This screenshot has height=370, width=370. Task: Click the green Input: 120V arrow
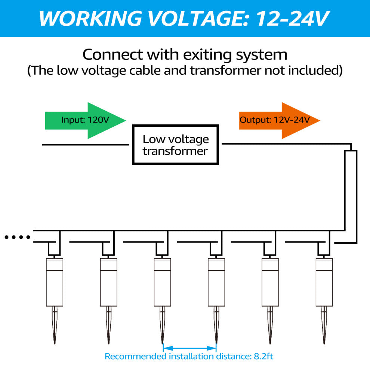[85, 120]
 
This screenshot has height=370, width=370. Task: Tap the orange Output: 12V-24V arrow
[280, 120]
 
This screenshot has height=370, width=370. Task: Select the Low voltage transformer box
[175, 145]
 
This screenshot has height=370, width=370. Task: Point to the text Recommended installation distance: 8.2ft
[189, 356]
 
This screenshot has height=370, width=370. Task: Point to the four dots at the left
[17, 237]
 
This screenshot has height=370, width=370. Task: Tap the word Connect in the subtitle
[112, 55]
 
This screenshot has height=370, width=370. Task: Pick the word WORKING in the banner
[90, 18]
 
